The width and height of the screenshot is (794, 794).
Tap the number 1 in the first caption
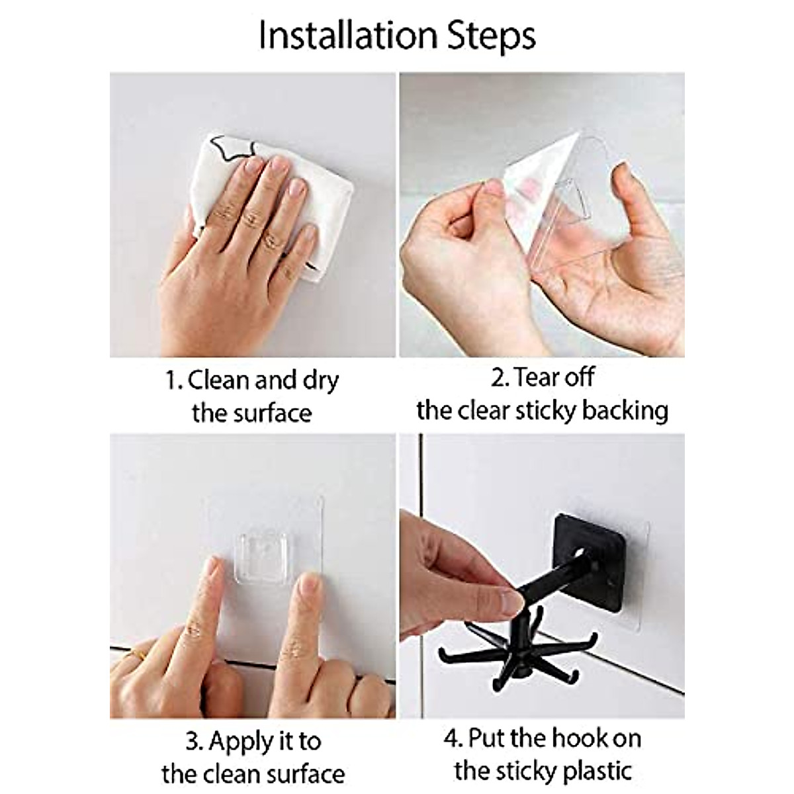[171, 381]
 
